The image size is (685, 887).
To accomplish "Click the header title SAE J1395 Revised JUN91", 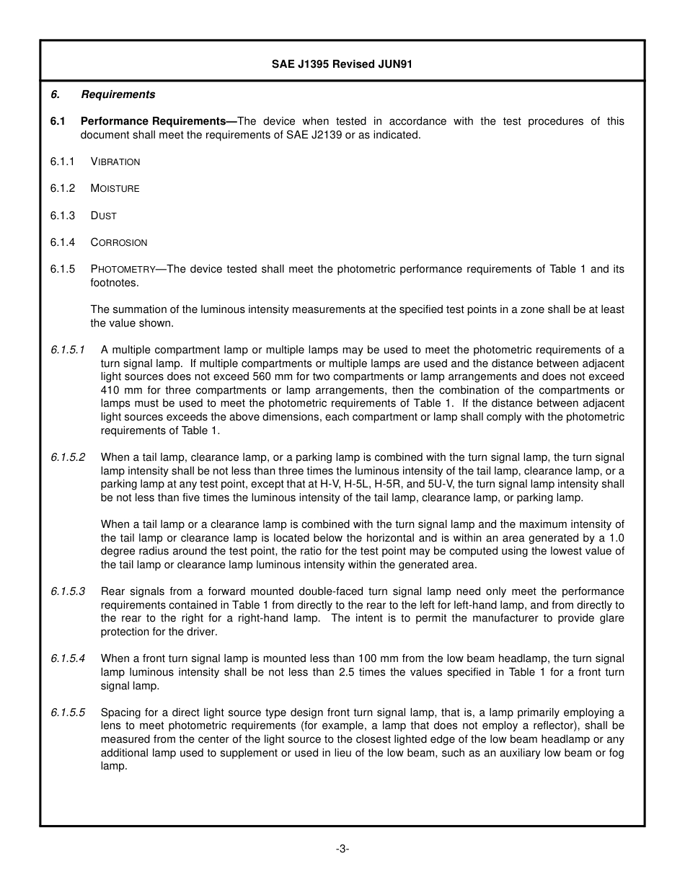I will [342, 64].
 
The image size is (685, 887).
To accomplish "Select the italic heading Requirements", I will [118, 94].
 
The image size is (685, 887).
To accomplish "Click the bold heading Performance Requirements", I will [158, 121].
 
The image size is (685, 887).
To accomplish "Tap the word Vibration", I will [115, 162].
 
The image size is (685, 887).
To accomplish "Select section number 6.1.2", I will [63, 188].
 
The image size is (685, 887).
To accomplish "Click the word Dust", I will [104, 216].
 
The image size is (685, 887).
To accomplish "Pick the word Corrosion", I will [119, 242].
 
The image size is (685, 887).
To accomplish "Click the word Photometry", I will [123, 269].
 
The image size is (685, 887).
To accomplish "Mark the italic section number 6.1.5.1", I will [68, 350].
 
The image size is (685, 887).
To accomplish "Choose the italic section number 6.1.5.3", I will [68, 591].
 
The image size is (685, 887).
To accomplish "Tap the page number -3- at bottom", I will [342, 849].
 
